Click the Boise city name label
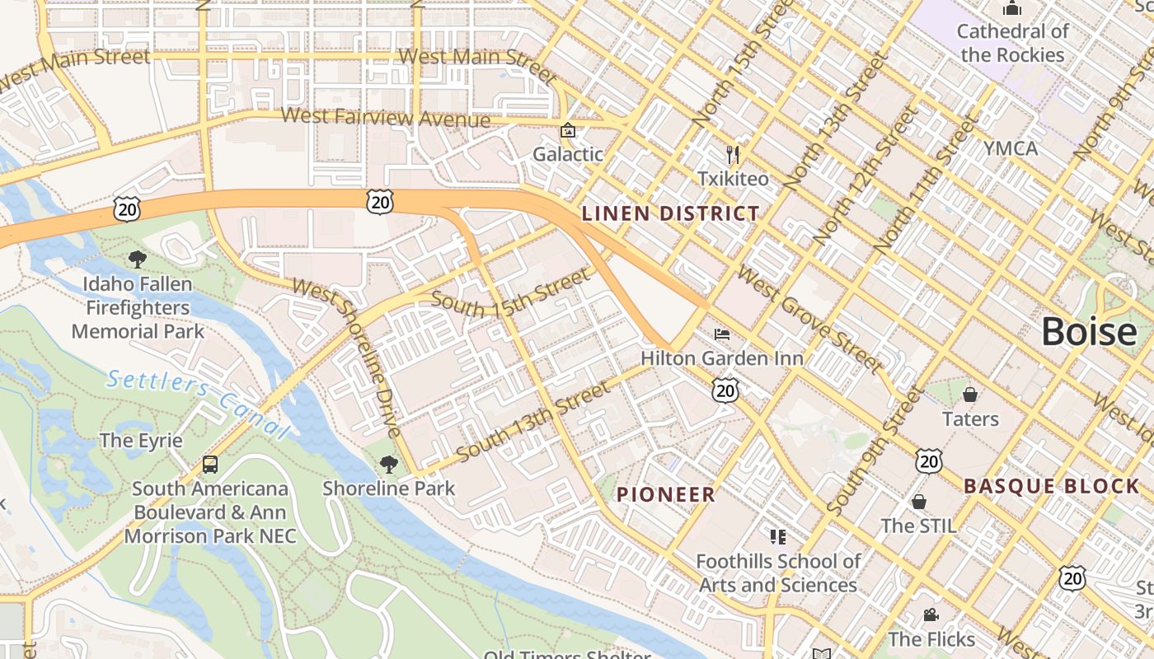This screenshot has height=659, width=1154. click(x=1089, y=332)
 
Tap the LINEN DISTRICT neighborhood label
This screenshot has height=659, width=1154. click(x=670, y=214)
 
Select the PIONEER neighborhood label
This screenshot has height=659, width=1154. click(x=666, y=495)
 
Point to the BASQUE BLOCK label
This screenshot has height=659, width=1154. click(x=1051, y=486)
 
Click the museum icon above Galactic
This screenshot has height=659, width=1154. click(x=567, y=130)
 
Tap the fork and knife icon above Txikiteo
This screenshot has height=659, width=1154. click(x=732, y=154)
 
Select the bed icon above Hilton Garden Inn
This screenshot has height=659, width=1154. click(x=722, y=334)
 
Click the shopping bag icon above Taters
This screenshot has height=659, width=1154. click(x=970, y=394)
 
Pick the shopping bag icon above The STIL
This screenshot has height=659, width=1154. click(x=918, y=501)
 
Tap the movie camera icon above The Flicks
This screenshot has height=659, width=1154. click(x=931, y=615)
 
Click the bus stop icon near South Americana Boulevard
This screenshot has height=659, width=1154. click(x=210, y=465)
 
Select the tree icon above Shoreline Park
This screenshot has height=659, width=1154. click(x=388, y=464)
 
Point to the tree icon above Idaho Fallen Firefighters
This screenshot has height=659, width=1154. click(x=138, y=259)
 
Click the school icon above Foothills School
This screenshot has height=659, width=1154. click(x=777, y=537)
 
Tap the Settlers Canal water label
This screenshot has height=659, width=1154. click(x=199, y=404)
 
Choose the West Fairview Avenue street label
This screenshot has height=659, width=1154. click(x=385, y=118)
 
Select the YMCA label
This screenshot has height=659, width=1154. click(x=1010, y=149)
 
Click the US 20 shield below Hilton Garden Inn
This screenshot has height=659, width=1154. click(x=725, y=390)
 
